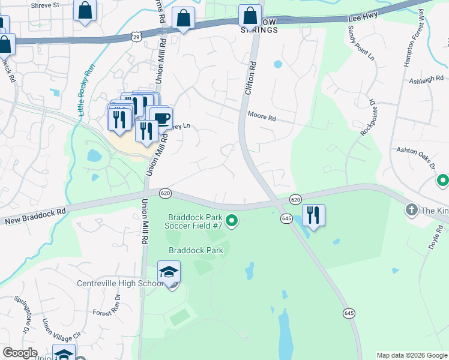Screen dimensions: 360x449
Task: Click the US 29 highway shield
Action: point(137,38)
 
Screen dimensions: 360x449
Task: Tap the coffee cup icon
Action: point(161,118)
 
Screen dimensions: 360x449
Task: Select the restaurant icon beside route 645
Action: point(313,214)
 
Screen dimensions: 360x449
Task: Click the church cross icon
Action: point(412,210)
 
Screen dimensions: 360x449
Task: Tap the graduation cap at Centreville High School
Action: point(169,272)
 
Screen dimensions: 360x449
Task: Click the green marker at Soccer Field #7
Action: point(233,223)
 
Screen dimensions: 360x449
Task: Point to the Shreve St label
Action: point(47,5)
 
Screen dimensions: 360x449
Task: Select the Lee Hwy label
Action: point(363,19)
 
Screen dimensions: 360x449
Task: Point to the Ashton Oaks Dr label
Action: point(415,155)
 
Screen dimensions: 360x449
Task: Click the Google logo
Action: point(20,353)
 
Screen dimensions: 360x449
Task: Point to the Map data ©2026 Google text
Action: point(412,355)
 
